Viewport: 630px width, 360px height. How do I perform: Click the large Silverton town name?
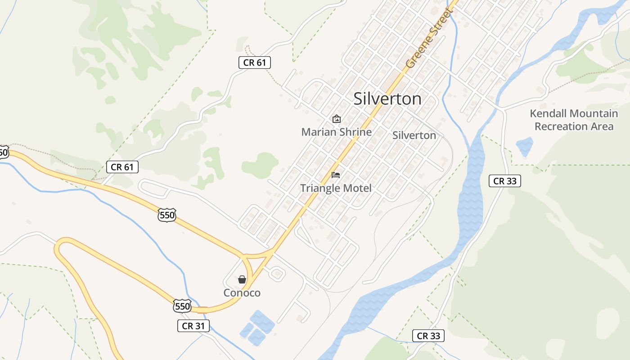387,99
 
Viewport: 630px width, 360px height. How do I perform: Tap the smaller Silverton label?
414,135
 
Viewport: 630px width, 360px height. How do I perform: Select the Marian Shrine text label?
336,132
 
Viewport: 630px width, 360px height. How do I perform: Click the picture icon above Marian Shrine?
336,119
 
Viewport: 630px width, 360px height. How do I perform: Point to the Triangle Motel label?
336,188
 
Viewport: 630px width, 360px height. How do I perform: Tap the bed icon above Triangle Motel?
336,175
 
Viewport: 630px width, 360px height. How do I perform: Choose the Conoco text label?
242,293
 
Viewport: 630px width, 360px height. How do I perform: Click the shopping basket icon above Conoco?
242,279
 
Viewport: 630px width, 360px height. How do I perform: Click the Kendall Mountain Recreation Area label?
574,120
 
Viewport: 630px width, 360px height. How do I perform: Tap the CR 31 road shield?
193,326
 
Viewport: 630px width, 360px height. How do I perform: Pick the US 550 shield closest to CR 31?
182,306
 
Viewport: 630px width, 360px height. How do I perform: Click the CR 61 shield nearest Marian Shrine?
255,63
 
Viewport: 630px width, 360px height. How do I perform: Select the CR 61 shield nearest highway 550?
122,167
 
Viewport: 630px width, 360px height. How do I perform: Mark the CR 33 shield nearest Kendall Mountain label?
505,181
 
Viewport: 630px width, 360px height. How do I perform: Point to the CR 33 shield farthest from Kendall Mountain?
428,335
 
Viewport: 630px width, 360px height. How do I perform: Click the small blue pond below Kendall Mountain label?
524,147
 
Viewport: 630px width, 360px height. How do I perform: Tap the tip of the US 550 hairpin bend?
58,247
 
